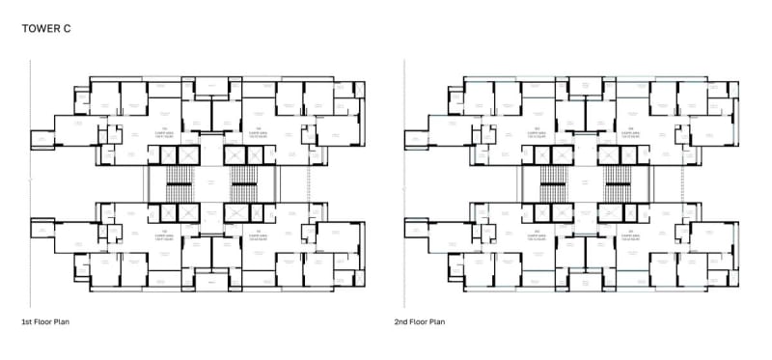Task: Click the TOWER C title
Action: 45,30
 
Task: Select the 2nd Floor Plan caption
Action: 420,321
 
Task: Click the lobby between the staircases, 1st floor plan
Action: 208,182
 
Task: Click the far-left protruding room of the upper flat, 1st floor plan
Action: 43,139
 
